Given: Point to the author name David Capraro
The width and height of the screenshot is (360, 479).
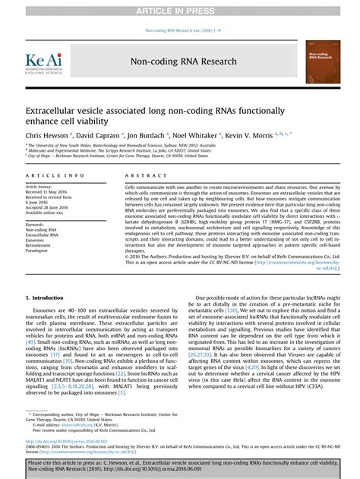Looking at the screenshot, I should click(x=99, y=134).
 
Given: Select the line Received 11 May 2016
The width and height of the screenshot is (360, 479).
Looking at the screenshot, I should click(x=48, y=192).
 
